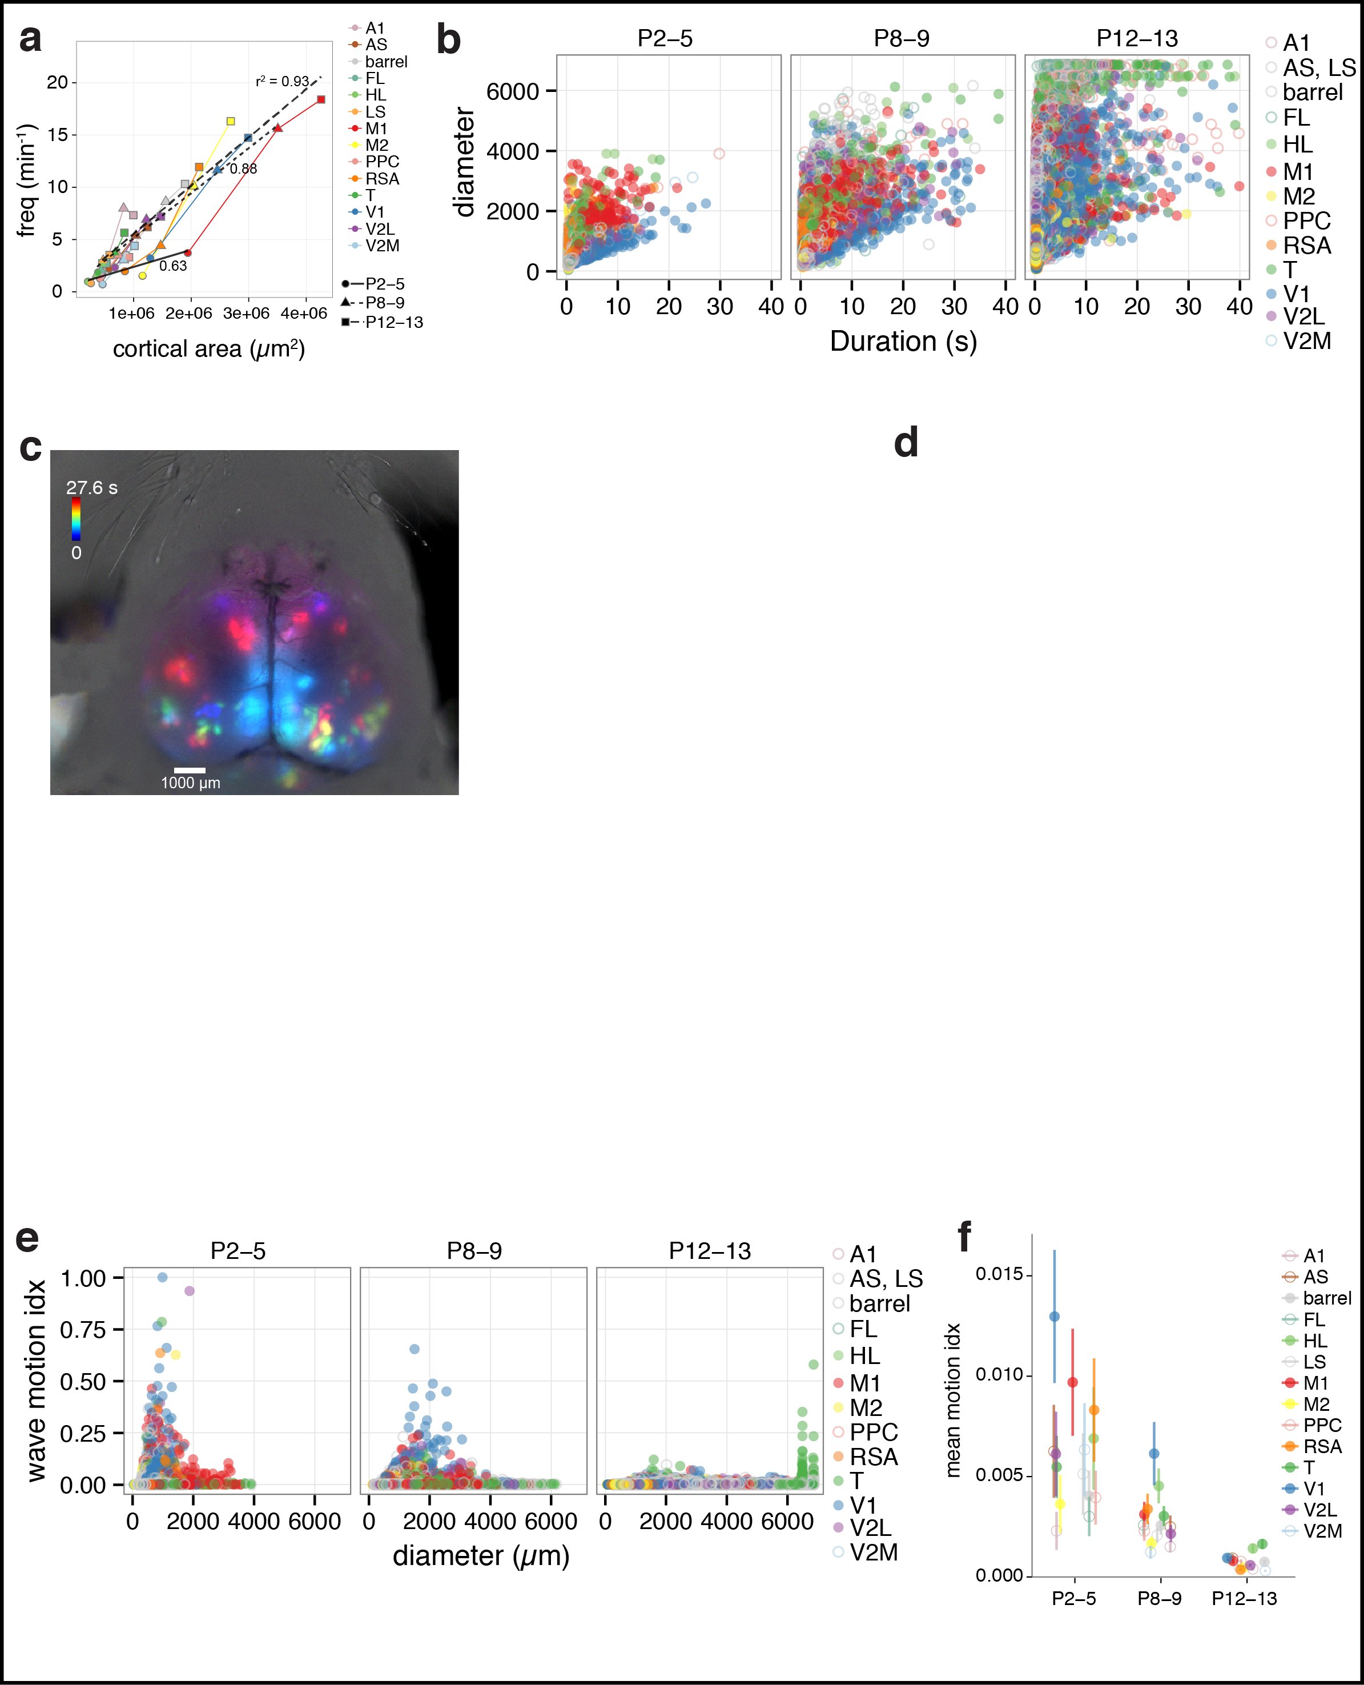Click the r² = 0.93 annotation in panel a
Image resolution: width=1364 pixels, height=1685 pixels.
point(282,81)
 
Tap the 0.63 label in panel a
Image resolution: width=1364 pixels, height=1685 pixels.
point(173,266)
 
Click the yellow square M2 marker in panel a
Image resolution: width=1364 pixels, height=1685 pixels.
point(230,121)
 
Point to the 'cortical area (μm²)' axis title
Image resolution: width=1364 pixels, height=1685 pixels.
point(208,349)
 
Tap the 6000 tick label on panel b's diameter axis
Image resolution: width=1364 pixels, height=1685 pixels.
point(512,91)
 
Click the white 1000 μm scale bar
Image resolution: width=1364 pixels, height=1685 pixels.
point(190,770)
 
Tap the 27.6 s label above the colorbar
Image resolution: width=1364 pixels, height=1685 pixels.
point(92,487)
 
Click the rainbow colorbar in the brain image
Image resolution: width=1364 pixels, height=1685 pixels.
point(76,518)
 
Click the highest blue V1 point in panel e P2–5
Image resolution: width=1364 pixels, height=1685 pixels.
point(163,1277)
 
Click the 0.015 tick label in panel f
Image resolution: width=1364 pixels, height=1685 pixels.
point(999,1274)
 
